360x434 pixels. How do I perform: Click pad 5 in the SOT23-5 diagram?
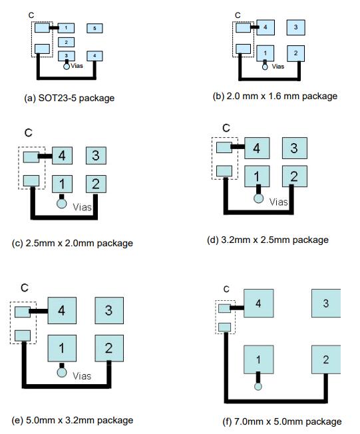tap(94, 28)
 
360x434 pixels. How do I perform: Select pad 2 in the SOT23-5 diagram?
tap(66, 43)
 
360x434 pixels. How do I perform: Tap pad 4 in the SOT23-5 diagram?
tap(94, 56)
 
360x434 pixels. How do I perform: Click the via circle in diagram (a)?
tap(67, 67)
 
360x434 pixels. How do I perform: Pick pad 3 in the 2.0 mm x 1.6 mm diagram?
tap(296, 27)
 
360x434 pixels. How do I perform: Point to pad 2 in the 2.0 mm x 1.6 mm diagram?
tap(296, 53)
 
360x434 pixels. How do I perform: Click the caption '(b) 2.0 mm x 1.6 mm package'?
tap(275, 97)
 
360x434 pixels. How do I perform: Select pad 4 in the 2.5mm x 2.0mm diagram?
tap(63, 156)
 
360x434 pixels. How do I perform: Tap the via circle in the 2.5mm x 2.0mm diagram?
tap(62, 204)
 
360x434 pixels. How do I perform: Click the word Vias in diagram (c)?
tap(82, 207)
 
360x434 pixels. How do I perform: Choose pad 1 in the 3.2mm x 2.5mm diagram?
tap(257, 176)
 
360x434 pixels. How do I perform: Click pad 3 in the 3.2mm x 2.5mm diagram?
tap(294, 148)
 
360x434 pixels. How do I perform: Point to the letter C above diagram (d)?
tap(226, 128)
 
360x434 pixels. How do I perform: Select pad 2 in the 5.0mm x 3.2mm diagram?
tap(109, 348)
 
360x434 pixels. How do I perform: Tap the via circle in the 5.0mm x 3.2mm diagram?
tap(62, 372)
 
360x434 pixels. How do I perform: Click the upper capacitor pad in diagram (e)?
tap(23, 312)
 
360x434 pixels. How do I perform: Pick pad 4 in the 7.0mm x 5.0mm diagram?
tap(258, 304)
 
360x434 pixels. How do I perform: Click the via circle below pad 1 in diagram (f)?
tap(258, 387)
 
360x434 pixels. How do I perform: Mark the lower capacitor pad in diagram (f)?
tap(224, 327)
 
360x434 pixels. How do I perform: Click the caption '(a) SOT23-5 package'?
tap(69, 99)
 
